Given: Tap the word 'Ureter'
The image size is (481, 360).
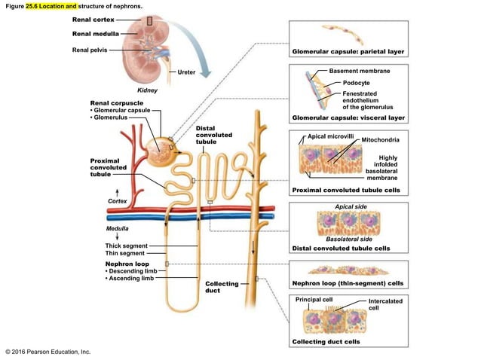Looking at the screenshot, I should click(x=186, y=72).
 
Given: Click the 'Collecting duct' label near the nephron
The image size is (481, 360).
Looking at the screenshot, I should click(x=222, y=287).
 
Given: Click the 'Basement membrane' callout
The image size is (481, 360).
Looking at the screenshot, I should click(x=360, y=70).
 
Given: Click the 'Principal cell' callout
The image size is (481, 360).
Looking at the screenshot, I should click(x=314, y=299).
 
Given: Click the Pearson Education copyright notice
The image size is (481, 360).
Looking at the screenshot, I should click(x=47, y=351).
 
